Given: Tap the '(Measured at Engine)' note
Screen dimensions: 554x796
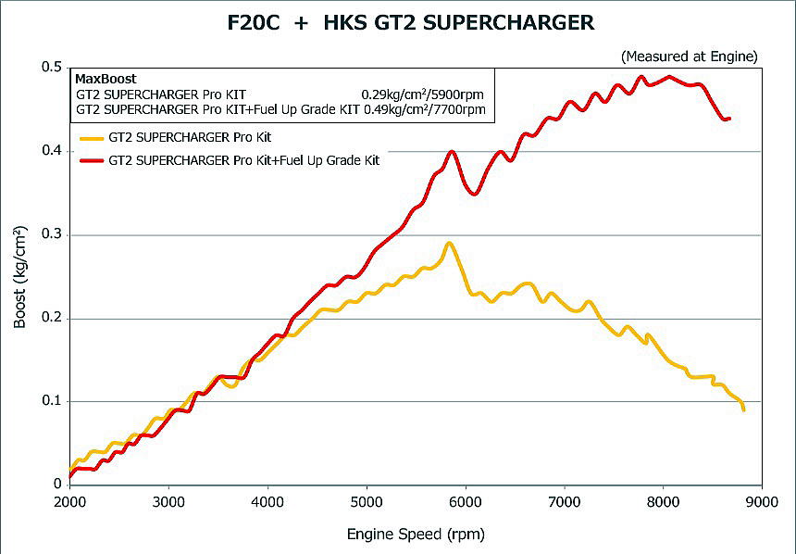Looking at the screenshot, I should point(690,57).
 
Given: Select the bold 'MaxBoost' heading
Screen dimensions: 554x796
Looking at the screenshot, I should point(106,80).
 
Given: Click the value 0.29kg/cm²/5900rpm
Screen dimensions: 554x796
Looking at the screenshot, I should point(423,94).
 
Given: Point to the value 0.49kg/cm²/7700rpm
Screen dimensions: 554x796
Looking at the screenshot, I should point(423,109).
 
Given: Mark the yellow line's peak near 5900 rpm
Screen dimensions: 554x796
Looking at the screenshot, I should point(449,244).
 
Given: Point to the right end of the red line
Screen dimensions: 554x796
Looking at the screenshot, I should point(729,119).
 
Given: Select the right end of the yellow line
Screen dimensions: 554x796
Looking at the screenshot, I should point(743,409).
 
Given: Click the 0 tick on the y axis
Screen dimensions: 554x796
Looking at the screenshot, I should point(57,485).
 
